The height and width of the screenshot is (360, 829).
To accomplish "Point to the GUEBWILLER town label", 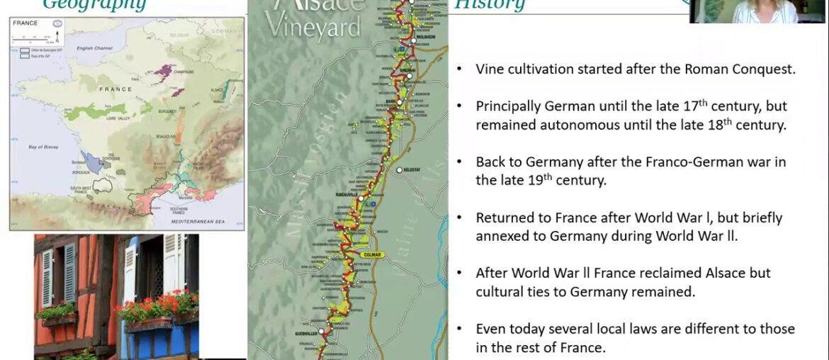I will tap(304, 332).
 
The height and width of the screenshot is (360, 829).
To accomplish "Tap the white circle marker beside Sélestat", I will tap(400, 170).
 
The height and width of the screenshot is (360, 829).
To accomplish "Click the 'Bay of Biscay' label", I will tap(43, 147).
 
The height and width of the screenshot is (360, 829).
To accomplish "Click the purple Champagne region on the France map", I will tap(164, 70).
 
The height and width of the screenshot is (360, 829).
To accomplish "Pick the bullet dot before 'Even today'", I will tap(461, 329).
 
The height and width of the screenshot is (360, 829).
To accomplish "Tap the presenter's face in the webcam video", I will tap(756, 6).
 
